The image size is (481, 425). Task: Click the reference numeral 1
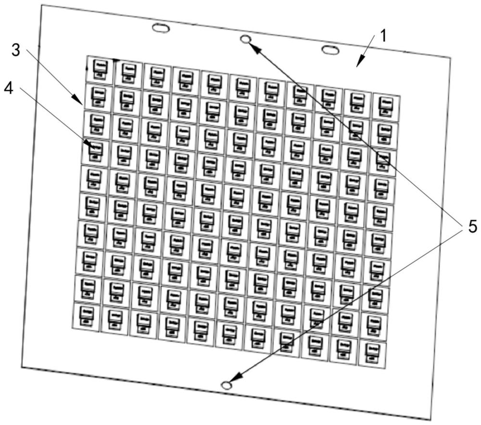383,36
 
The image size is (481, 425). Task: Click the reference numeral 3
16,51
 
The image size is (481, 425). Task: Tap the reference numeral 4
8,89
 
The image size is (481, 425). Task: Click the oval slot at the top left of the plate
161,28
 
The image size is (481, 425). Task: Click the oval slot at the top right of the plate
330,50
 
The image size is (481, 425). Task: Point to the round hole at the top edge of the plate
246,40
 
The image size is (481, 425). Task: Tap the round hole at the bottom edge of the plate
226,385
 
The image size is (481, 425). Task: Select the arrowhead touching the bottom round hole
236,377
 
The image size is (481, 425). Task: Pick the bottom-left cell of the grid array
86,317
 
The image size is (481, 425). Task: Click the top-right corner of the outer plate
450,57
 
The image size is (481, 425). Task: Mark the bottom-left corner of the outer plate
21,367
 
